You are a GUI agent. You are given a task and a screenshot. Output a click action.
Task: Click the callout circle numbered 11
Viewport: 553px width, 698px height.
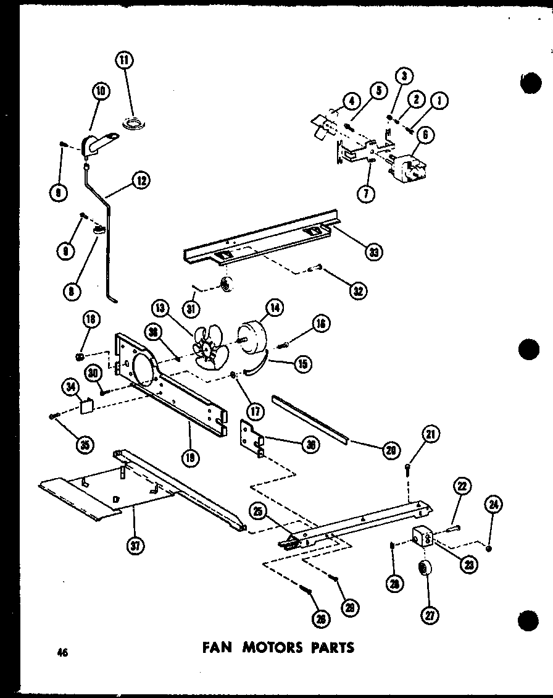pos(126,60)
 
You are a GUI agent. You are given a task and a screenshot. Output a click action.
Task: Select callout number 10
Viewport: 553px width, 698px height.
pos(99,92)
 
